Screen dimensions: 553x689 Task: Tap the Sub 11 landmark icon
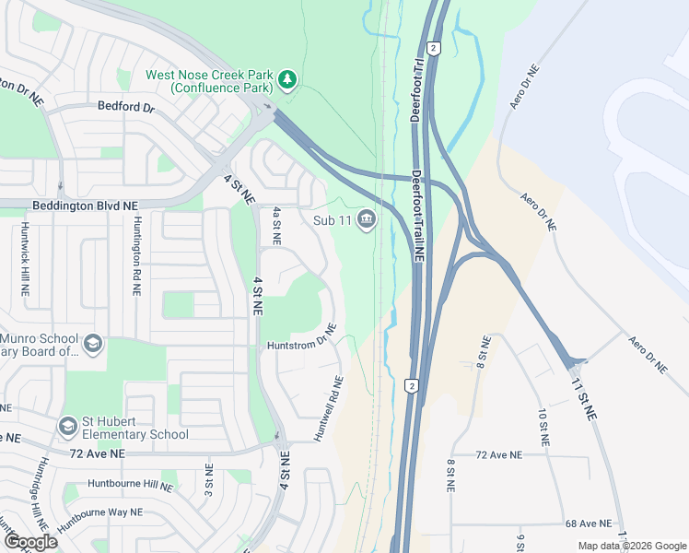click(368, 219)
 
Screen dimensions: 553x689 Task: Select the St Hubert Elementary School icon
click(67, 426)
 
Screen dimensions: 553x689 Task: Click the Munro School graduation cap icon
click(92, 344)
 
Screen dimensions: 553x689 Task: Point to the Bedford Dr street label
click(126, 107)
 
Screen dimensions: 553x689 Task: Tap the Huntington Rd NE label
click(136, 254)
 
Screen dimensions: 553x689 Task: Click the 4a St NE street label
click(275, 226)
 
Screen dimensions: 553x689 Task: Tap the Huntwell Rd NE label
click(329, 408)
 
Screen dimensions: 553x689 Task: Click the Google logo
click(29, 541)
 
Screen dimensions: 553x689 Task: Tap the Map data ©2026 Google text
click(630, 547)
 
